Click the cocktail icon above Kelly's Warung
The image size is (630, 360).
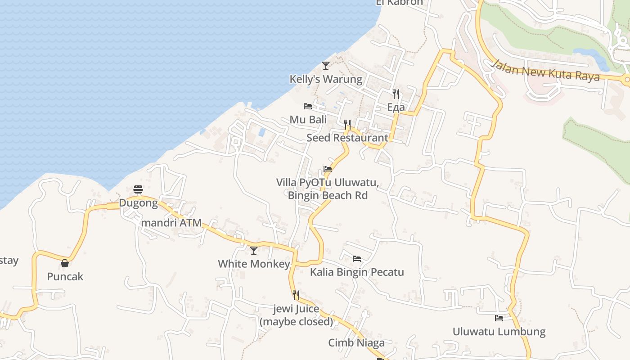click(x=326, y=66)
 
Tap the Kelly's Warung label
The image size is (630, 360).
click(x=326, y=79)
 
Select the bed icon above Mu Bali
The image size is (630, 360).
click(x=308, y=106)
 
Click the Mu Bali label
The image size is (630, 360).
click(x=308, y=120)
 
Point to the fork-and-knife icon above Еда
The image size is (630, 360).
click(x=396, y=94)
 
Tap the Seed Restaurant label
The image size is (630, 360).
click(x=347, y=138)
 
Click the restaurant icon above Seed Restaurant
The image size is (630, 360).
click(x=347, y=124)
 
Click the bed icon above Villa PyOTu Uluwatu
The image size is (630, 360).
click(x=328, y=170)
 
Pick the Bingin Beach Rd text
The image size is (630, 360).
click(x=328, y=195)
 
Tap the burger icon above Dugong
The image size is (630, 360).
click(x=138, y=189)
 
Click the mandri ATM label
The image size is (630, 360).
click(x=171, y=223)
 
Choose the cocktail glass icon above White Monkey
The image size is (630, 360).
click(x=254, y=250)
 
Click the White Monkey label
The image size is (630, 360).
click(x=254, y=264)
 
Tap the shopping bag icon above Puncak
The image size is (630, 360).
click(x=65, y=263)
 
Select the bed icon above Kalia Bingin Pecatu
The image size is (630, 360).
click(x=357, y=259)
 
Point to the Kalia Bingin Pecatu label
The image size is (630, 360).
click(x=357, y=272)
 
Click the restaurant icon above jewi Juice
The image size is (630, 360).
click(x=296, y=295)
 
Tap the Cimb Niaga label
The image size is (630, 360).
click(x=356, y=343)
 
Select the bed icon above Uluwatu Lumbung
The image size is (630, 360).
click(x=499, y=318)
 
